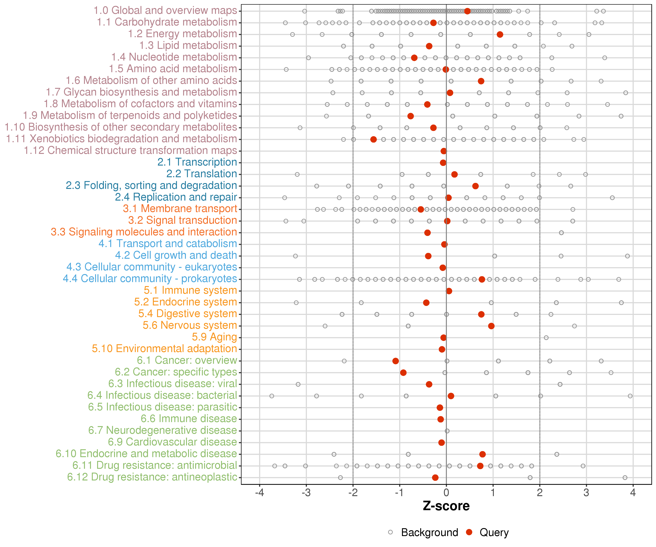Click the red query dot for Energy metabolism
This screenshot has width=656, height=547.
[x=500, y=34]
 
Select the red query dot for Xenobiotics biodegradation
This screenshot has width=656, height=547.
[x=373, y=139]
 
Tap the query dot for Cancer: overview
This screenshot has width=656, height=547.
[x=395, y=361]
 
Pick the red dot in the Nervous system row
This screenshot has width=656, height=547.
[x=491, y=326]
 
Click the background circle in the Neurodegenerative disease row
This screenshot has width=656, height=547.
[x=447, y=431]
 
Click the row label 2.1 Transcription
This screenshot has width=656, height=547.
[x=197, y=162]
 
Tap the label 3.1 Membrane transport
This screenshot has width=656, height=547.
[x=180, y=209]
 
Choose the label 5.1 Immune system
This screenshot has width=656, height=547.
[x=190, y=290]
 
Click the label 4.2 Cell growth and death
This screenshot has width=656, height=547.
[x=176, y=255]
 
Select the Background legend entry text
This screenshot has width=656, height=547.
[x=429, y=532]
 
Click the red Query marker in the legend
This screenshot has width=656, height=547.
[x=469, y=532]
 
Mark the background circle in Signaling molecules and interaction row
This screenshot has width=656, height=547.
[x=561, y=233]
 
